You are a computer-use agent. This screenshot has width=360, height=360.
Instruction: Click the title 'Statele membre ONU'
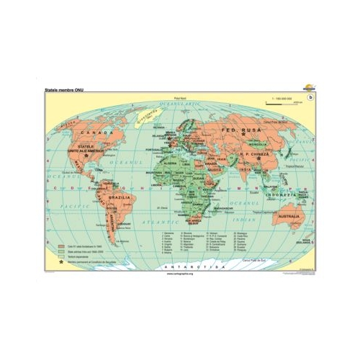click(x=66, y=90)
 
